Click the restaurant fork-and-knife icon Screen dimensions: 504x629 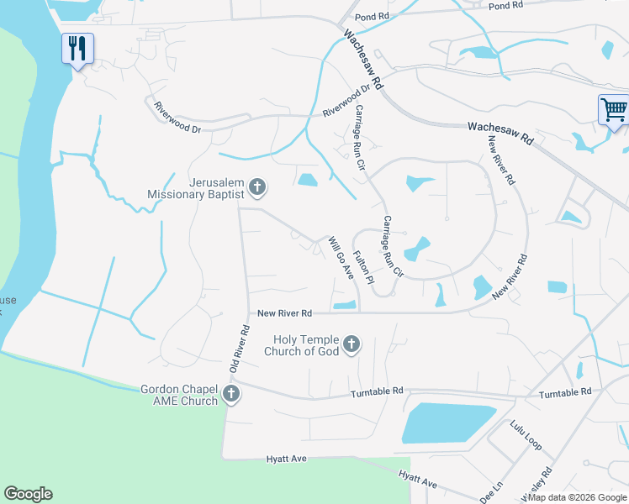click(x=77, y=48)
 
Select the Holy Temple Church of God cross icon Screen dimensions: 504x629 click(x=351, y=344)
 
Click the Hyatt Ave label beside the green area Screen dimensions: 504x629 click(x=287, y=459)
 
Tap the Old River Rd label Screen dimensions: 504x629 click(x=240, y=349)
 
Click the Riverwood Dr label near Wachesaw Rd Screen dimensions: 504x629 click(x=346, y=101)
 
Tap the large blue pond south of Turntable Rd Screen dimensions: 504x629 click(x=446, y=423)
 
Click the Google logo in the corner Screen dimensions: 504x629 click(x=28, y=494)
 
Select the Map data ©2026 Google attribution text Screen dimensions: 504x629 click(x=578, y=497)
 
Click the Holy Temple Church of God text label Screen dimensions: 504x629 click(x=304, y=345)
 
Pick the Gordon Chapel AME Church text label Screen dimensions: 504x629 click(x=179, y=395)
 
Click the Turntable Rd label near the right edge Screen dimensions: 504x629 click(x=565, y=392)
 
